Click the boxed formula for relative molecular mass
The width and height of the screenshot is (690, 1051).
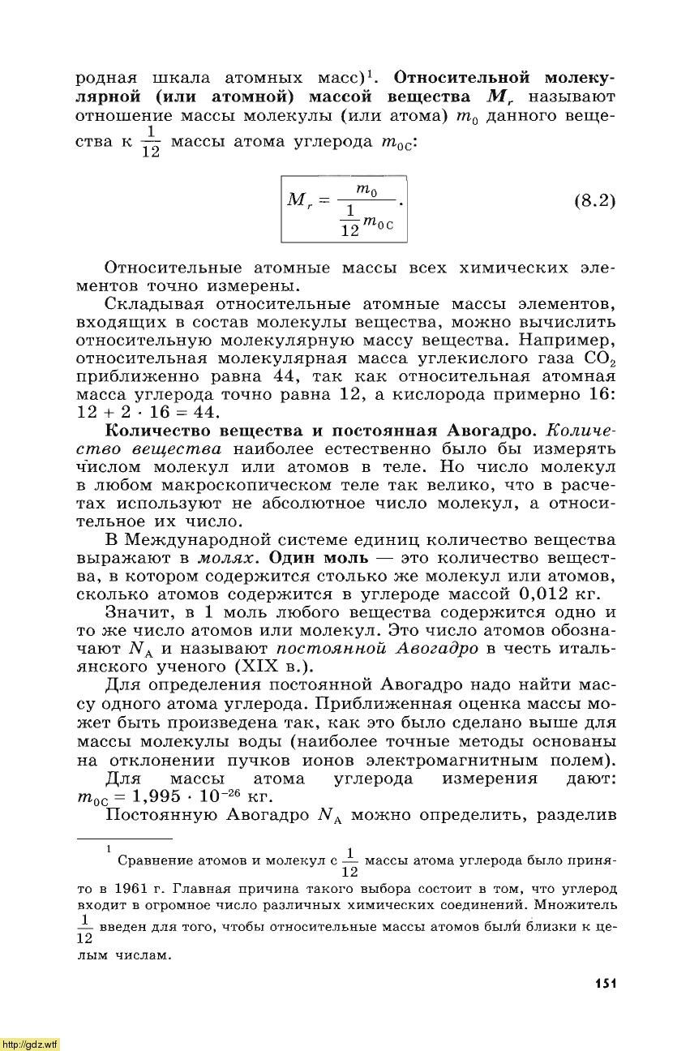[x=343, y=207]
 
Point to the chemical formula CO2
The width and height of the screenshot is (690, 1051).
[x=599, y=358]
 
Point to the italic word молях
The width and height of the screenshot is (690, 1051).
[x=229, y=559]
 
